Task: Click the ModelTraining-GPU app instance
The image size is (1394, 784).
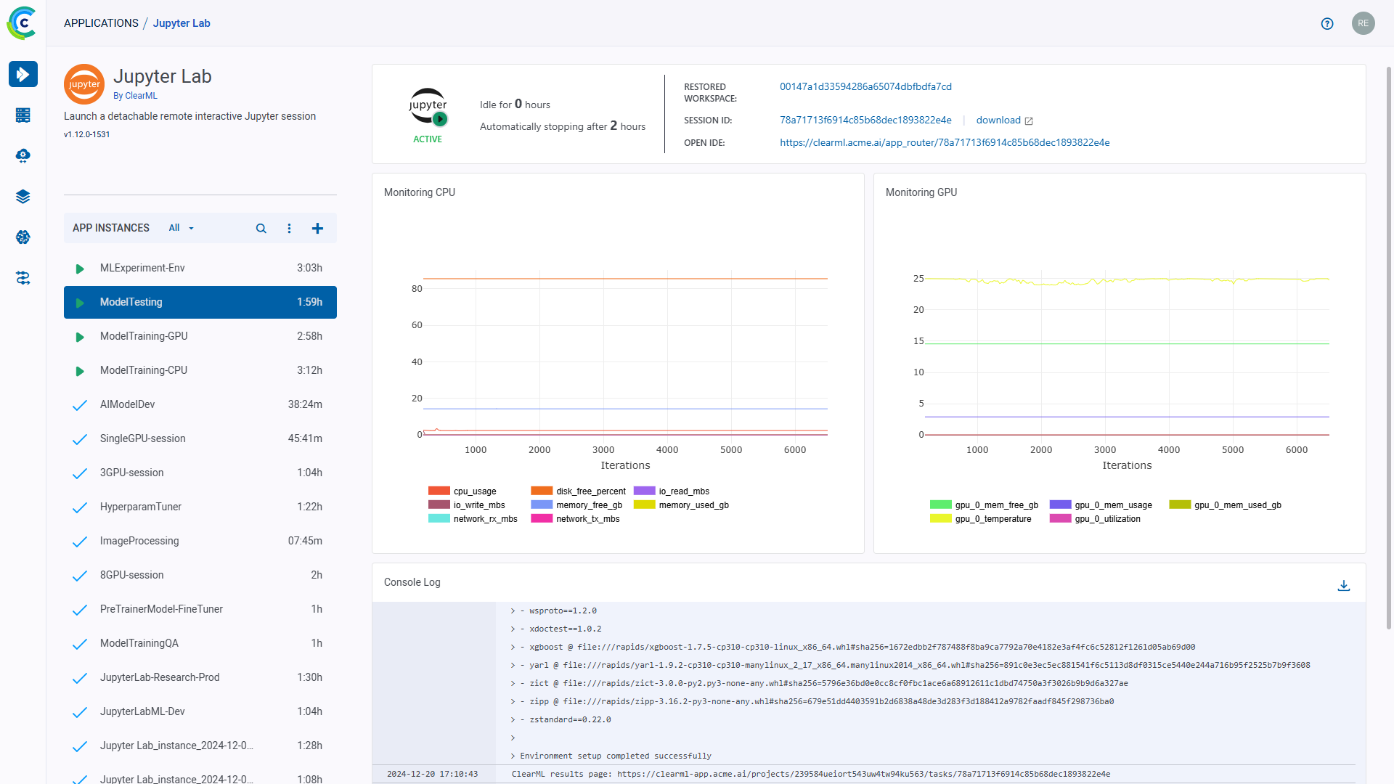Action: pyautogui.click(x=144, y=336)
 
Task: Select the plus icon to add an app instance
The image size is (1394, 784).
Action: pyautogui.click(x=317, y=229)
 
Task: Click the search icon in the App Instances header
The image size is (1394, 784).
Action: pyautogui.click(x=261, y=229)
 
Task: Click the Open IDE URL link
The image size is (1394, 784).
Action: pyautogui.click(x=944, y=143)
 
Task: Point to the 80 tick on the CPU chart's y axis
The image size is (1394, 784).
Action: pyautogui.click(x=417, y=289)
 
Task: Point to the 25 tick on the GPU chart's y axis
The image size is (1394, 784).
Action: pyautogui.click(x=918, y=279)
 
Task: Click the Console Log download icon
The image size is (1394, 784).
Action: pyautogui.click(x=1343, y=586)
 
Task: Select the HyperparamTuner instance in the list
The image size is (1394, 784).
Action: pyautogui.click(x=141, y=507)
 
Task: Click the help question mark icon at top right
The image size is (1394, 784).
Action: pyautogui.click(x=1327, y=24)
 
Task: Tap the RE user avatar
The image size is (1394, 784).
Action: pyautogui.click(x=1363, y=24)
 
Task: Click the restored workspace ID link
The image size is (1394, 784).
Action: pyautogui.click(x=865, y=87)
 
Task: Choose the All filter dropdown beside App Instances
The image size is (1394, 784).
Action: pyautogui.click(x=181, y=228)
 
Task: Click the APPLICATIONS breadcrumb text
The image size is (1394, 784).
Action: pyautogui.click(x=101, y=23)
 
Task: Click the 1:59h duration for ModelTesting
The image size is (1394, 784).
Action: pyautogui.click(x=309, y=302)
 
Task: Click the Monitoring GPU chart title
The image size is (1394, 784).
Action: pyautogui.click(x=921, y=192)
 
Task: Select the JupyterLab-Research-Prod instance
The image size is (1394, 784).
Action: pyautogui.click(x=160, y=677)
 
